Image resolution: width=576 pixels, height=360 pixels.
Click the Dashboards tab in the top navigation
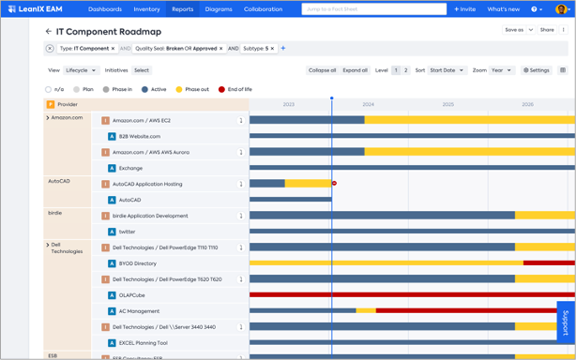(105, 9)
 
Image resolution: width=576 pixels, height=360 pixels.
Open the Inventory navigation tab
(146, 9)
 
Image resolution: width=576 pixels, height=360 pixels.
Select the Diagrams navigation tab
(219, 9)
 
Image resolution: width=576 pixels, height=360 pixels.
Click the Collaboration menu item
(263, 9)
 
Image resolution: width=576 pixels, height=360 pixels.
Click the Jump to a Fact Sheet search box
(373, 9)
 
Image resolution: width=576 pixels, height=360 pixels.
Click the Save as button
(518, 30)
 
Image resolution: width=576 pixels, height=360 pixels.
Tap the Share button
(547, 30)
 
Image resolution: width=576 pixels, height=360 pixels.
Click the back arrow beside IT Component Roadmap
(49, 31)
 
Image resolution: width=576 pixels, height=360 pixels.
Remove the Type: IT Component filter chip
(114, 49)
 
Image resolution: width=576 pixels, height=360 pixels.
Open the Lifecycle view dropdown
(81, 70)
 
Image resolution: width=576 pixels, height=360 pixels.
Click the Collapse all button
(322, 70)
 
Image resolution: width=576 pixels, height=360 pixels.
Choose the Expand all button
(355, 70)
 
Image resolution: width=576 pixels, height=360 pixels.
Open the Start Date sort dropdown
(447, 70)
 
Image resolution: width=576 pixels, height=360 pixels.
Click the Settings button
(537, 70)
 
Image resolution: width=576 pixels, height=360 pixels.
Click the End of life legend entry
(235, 89)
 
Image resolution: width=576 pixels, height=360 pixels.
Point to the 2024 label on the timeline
(368, 105)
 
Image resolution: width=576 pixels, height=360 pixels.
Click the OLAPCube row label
(131, 295)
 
